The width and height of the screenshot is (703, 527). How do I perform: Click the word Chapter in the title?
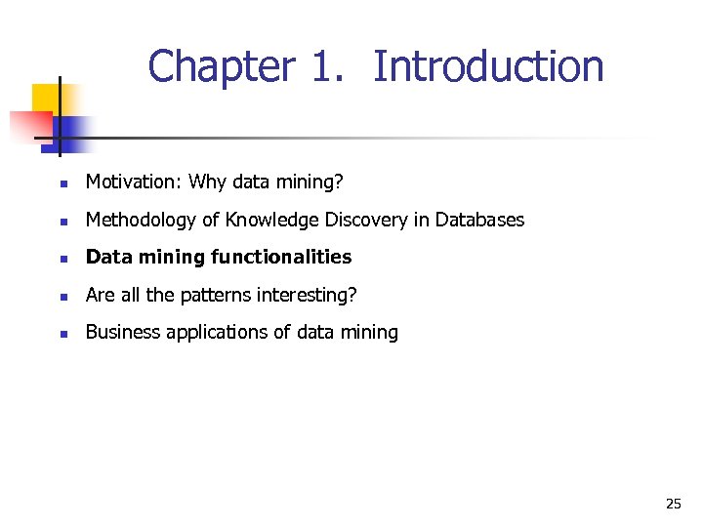221,67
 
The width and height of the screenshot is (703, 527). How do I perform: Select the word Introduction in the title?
488,67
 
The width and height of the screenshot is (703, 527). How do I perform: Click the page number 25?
673,504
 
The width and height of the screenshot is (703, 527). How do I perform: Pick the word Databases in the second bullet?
479,220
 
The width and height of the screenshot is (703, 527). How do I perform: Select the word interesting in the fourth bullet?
312,295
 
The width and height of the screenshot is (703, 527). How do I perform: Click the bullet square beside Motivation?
62,183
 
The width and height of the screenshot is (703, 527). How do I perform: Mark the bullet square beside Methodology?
62,222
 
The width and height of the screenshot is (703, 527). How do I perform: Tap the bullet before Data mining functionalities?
62,259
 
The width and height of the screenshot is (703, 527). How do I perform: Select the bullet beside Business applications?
62,334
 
